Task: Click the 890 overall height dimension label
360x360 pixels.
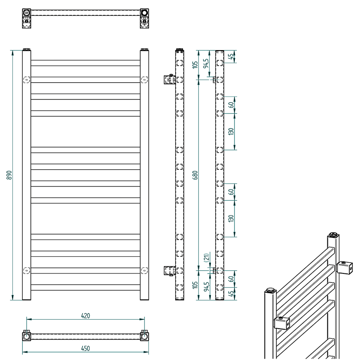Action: [9, 175]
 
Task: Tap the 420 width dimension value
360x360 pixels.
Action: [85, 316]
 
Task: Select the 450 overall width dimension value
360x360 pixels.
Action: [85, 348]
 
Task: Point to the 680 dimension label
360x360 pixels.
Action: [195, 175]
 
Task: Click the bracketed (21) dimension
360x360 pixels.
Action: [207, 258]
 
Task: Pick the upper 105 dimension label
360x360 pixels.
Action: [195, 65]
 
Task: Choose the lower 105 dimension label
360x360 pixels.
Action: [195, 285]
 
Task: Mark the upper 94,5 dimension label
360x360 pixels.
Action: [206, 63]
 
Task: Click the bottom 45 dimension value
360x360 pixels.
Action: [231, 294]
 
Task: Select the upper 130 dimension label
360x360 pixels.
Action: [231, 132]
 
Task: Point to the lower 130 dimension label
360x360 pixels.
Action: [231, 218]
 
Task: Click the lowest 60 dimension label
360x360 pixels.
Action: [231, 279]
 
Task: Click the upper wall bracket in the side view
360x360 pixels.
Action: [170, 79]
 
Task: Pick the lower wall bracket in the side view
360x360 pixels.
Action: [170, 271]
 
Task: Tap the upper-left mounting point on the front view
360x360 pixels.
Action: [27, 80]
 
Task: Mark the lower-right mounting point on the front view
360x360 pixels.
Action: [144, 270]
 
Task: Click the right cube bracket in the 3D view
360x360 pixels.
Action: [345, 267]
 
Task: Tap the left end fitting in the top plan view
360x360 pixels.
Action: [27, 18]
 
